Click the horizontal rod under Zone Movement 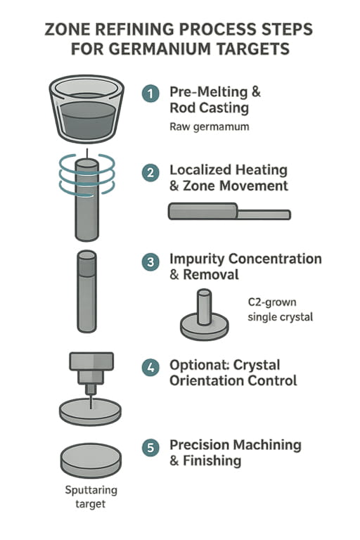pyautogui.click(x=229, y=212)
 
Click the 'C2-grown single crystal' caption pyautogui.click(x=281, y=309)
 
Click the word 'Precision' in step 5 pyautogui.click(x=203, y=445)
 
